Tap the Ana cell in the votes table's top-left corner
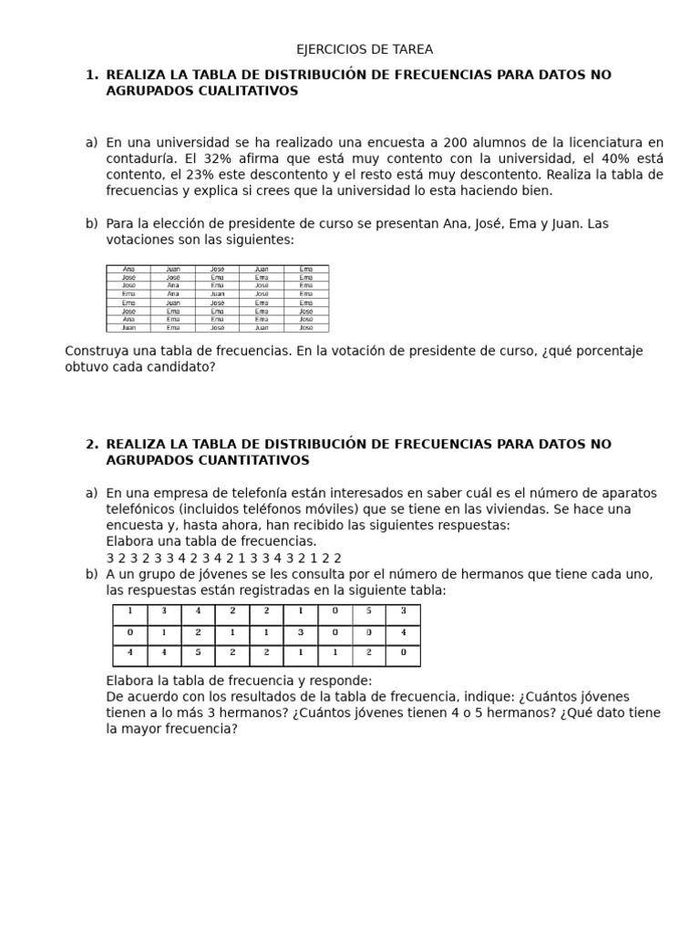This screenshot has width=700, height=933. point(129,270)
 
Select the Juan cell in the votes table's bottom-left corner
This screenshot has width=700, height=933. point(129,328)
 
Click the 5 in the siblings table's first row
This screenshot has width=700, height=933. point(369,611)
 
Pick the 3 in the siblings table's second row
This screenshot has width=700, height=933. point(300,632)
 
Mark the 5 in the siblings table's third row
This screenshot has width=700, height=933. point(198,653)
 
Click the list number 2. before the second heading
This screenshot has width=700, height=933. point(91,444)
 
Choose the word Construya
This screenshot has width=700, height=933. point(97,351)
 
